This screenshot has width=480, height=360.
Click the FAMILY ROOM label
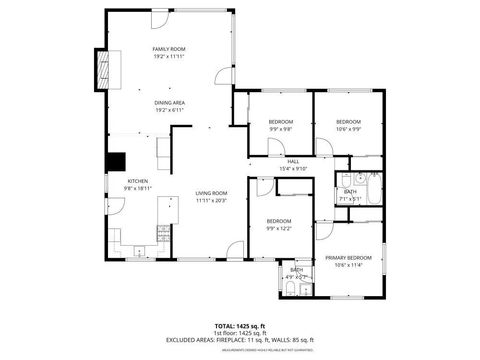pos(169,49)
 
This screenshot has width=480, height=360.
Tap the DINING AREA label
pos(169,103)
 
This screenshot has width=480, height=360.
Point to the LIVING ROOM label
pos(211,193)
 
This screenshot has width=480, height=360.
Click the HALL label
pos(294,161)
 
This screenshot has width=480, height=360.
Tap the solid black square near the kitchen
pos(116,161)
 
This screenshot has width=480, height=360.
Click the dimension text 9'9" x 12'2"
pos(278,228)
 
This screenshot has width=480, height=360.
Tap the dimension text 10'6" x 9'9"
pos(349,129)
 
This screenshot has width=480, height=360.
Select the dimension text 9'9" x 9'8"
pos(280,129)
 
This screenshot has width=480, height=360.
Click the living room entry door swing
pos(234,249)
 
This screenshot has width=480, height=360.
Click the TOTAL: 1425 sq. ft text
pos(240,325)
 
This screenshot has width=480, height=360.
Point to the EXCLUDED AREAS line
pos(240,339)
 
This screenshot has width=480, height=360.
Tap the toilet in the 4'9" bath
pos(289,289)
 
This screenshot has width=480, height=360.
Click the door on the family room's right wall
pos(225,76)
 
